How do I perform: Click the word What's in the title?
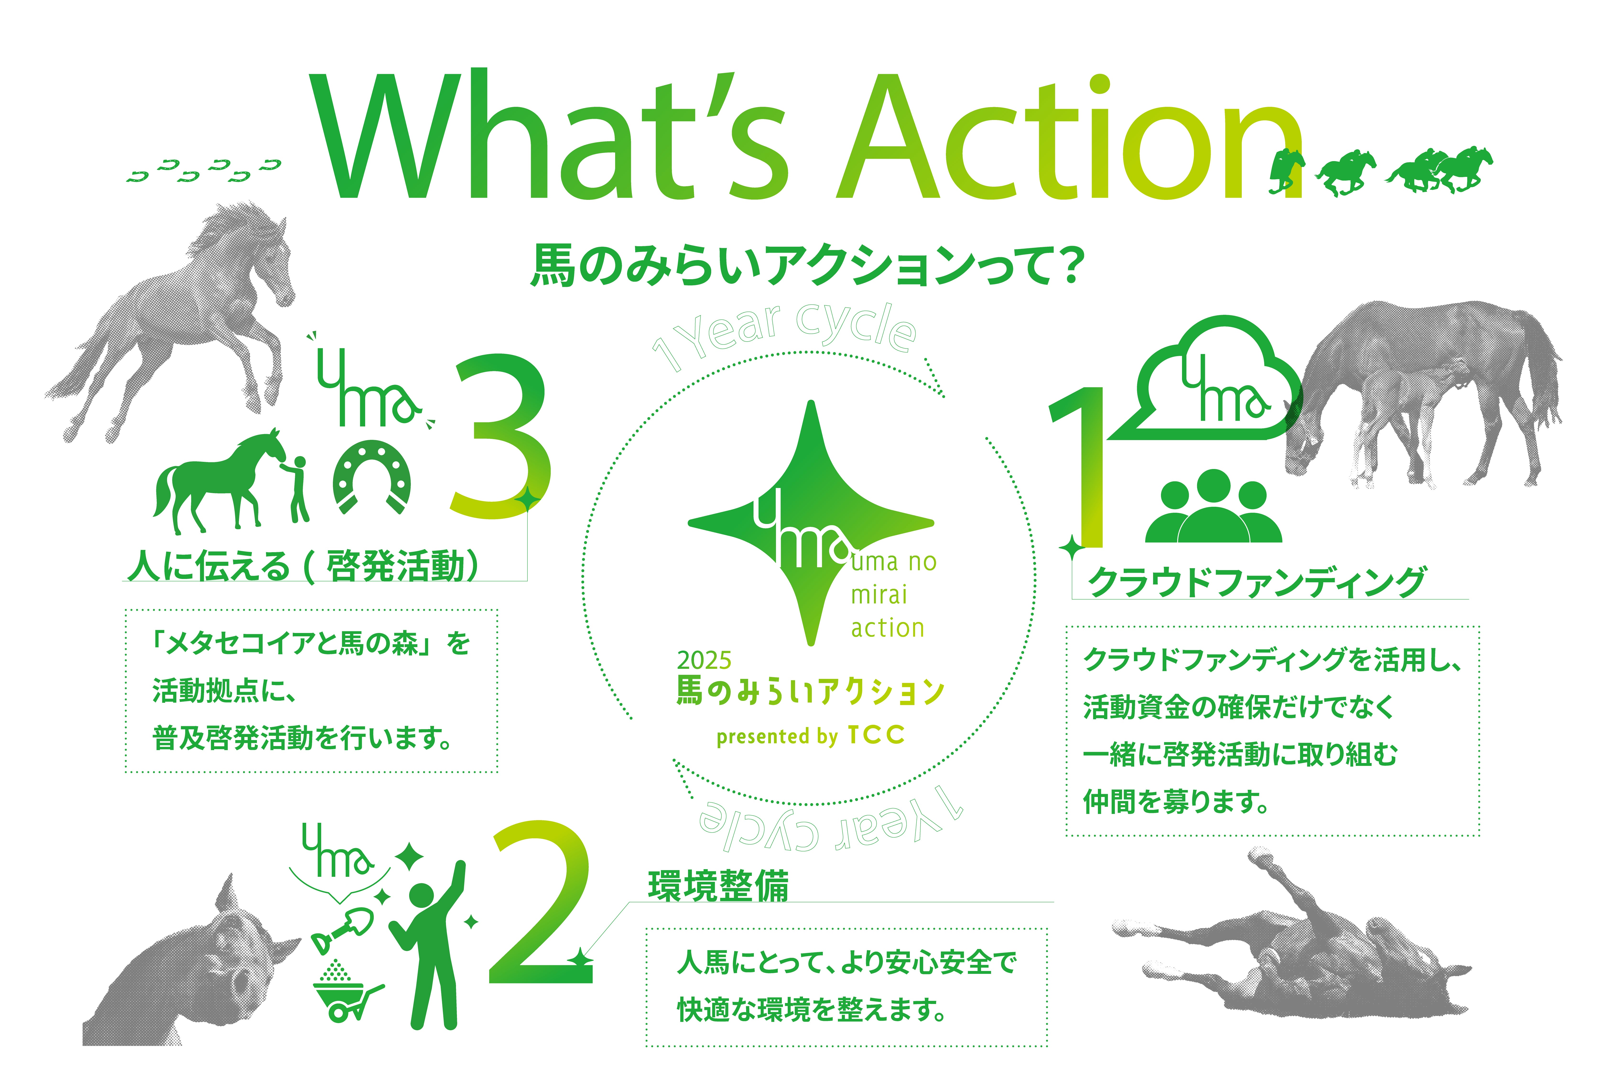tap(550, 135)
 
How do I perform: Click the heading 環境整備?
tap(718, 886)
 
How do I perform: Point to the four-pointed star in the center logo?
tap(811, 523)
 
